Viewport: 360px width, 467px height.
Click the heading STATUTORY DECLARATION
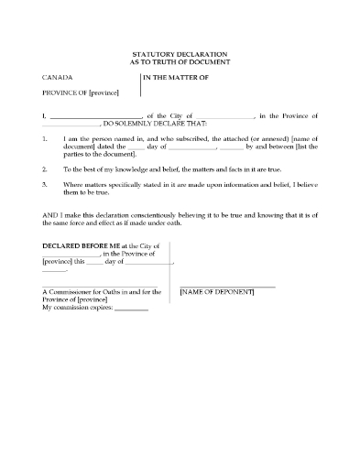coord(180,56)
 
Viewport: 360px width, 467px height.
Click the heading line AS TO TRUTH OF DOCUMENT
coord(180,63)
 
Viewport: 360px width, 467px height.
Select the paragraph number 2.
coord(45,169)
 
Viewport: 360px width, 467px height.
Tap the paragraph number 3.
coord(45,185)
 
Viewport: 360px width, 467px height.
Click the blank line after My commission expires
coord(133,310)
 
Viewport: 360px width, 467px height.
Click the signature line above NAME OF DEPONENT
coord(227,287)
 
